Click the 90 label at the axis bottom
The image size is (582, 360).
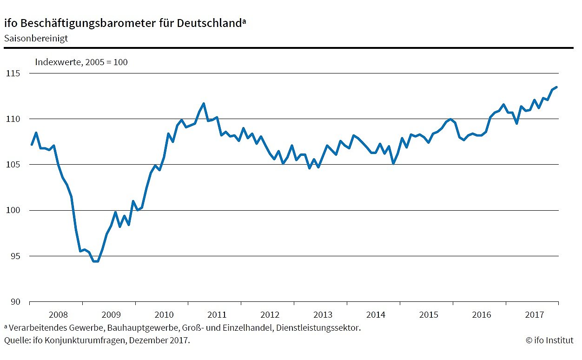click(14, 302)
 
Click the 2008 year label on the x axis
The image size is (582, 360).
click(58, 315)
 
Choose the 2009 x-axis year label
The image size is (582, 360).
click(111, 315)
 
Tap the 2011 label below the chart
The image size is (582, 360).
click(217, 315)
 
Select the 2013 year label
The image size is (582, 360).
click(323, 315)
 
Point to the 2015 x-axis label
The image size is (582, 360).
click(429, 315)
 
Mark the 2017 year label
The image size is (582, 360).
click(534, 315)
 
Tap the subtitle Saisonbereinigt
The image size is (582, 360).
click(36, 38)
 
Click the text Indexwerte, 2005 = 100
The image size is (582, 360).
click(81, 62)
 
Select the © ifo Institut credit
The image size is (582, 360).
click(549, 340)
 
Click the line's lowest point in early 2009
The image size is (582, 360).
click(96, 261)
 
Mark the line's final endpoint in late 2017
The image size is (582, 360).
click(556, 87)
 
